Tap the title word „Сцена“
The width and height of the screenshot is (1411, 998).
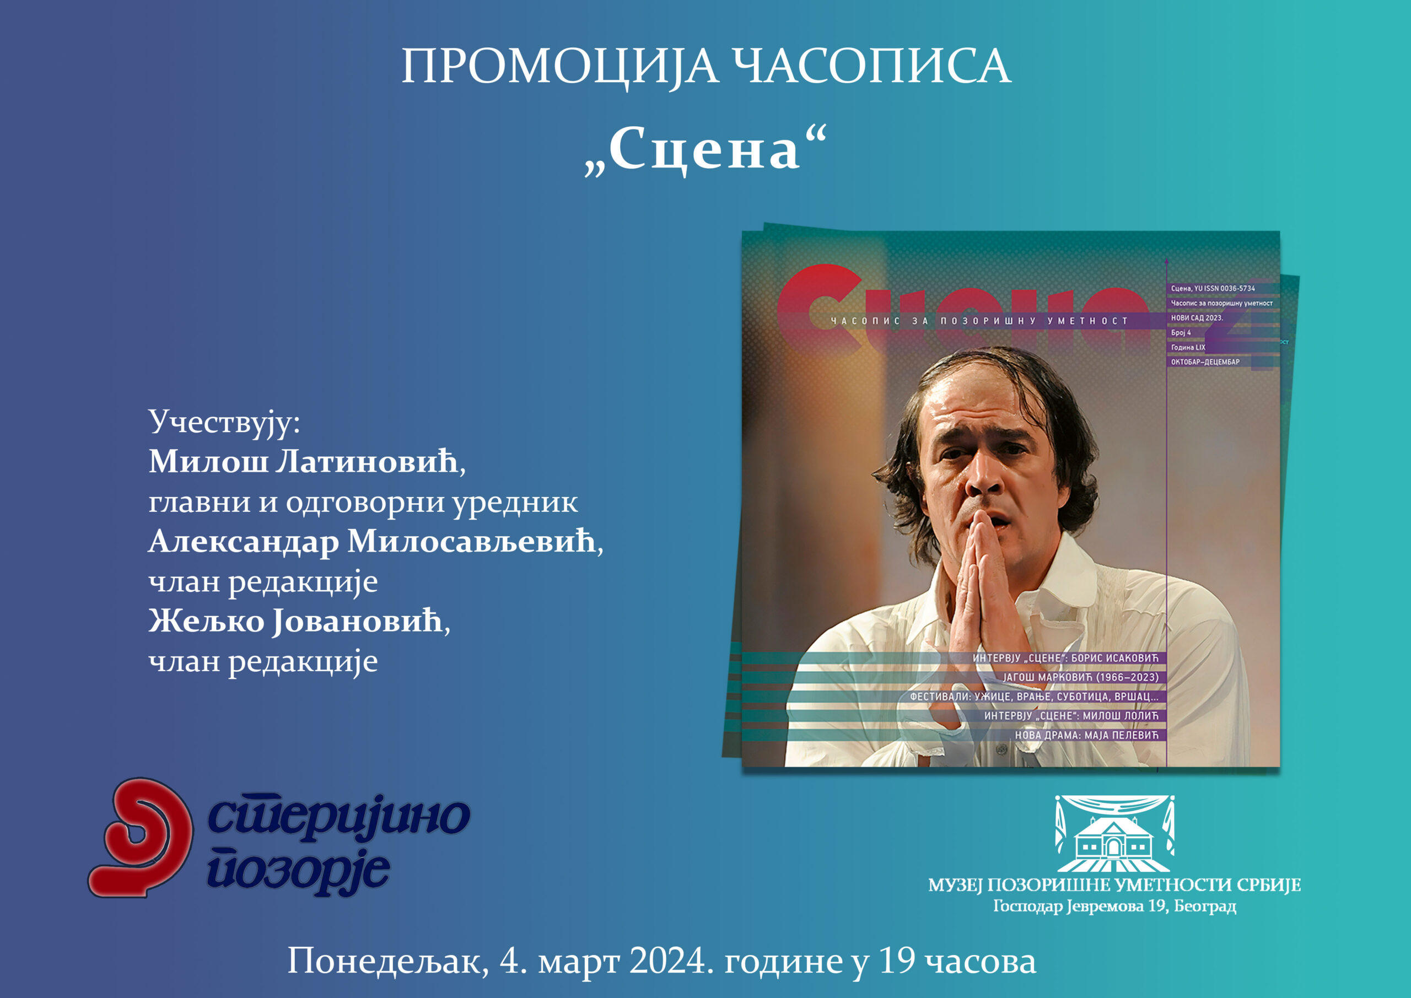(705, 150)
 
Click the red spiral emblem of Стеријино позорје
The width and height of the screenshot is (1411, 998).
(141, 838)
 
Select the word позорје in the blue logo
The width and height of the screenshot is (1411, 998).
(299, 871)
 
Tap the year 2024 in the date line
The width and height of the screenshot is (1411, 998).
(668, 961)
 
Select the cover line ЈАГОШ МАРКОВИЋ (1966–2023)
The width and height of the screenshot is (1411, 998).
(1081, 677)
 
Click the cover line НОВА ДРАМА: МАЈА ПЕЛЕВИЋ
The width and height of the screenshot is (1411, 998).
(1086, 735)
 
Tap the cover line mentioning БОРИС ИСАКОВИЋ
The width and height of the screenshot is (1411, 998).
(1065, 658)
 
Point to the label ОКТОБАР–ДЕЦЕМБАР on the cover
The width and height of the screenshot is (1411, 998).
(1205, 362)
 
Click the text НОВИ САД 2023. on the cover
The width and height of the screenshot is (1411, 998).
(1197, 318)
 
